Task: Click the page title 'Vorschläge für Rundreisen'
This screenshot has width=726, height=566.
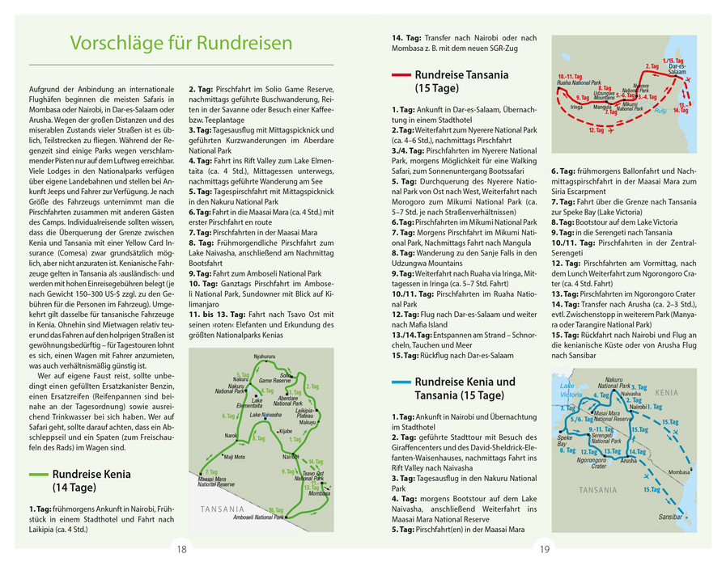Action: coord(180,42)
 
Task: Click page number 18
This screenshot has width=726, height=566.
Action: coord(181,550)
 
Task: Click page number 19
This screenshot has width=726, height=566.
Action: coord(544,550)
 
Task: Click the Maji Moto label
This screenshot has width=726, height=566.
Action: coord(234,457)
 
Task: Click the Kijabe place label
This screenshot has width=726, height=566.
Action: coord(285,431)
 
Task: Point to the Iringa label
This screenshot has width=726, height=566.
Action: coord(576,107)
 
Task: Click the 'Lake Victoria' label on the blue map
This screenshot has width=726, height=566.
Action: coord(571,391)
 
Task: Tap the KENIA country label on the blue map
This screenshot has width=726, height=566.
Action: coord(666,392)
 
